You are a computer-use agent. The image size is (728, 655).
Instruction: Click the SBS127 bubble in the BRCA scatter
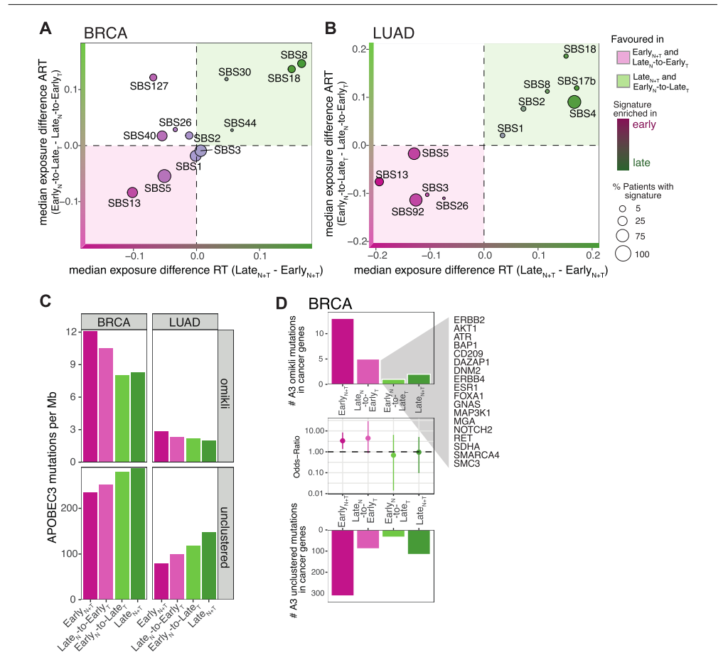(153, 77)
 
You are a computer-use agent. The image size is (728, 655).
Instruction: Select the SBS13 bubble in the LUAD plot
(379, 182)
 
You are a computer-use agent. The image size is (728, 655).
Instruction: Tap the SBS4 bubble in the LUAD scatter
(574, 102)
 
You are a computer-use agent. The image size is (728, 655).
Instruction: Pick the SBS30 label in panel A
(235, 72)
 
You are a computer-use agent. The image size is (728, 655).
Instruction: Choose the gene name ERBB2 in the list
(469, 320)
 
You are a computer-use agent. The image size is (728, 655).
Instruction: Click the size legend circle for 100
(623, 252)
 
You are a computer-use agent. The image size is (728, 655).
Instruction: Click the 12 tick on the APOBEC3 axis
(70, 332)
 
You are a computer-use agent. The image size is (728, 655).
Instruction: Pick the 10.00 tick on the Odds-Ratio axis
(315, 431)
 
